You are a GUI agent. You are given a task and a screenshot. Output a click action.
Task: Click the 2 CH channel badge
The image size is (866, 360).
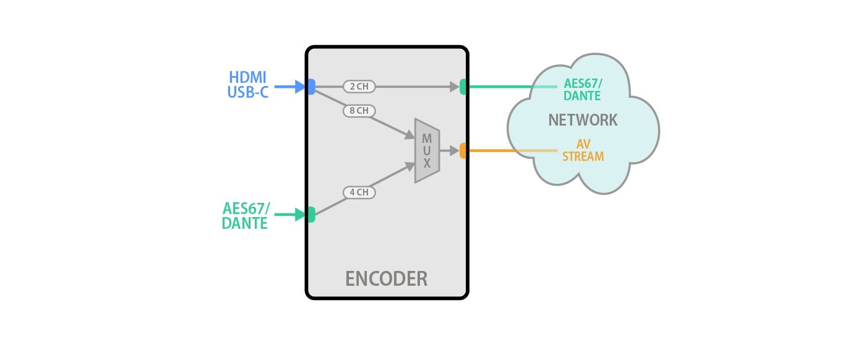pyautogui.click(x=359, y=87)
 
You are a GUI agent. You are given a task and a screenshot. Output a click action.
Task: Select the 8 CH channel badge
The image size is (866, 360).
pyautogui.click(x=359, y=111)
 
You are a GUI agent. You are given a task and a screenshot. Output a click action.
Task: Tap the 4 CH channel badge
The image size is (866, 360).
pyautogui.click(x=359, y=192)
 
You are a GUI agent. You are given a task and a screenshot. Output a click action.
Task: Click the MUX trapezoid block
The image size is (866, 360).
pyautogui.click(x=427, y=150)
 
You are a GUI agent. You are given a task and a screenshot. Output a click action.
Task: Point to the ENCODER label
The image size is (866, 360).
pyautogui.click(x=386, y=278)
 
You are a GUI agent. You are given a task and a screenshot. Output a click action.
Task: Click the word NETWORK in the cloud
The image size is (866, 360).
pyautogui.click(x=583, y=120)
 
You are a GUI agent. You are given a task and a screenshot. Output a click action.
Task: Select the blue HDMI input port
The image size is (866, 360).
pyautogui.click(x=311, y=87)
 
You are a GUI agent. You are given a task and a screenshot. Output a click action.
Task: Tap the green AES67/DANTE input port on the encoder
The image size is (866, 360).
pyautogui.click(x=311, y=215)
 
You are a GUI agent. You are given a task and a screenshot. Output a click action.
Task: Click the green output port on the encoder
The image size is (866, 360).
pyautogui.click(x=463, y=87)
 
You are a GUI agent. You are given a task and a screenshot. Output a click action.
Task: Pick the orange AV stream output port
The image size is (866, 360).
pyautogui.click(x=463, y=150)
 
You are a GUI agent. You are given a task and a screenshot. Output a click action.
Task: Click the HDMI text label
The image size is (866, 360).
pyautogui.click(x=247, y=78)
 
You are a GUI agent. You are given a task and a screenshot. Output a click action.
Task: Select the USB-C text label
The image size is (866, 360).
pyautogui.click(x=247, y=93)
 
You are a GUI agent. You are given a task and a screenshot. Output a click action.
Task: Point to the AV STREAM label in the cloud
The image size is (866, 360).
pyautogui.click(x=583, y=150)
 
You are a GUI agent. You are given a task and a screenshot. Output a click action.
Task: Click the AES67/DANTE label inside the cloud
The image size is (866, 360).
pyautogui.click(x=582, y=90)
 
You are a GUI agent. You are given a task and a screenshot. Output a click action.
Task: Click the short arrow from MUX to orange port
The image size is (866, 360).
pyautogui.click(x=449, y=150)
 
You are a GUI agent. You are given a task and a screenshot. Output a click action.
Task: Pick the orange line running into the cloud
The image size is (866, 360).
pyautogui.click(x=501, y=150)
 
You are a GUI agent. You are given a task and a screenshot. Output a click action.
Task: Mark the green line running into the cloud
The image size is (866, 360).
pyautogui.click(x=501, y=87)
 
